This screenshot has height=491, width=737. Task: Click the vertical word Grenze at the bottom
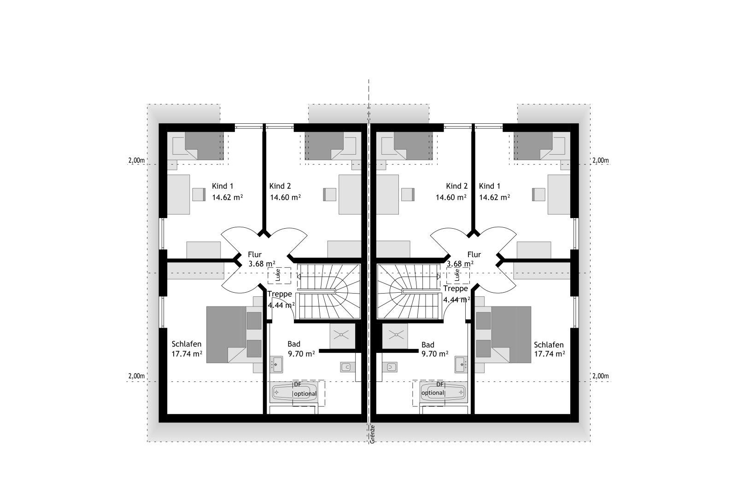[372, 434]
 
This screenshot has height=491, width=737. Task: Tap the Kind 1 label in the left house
[222, 186]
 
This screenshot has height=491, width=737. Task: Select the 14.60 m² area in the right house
[451, 197]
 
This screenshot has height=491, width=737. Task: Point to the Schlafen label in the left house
[187, 344]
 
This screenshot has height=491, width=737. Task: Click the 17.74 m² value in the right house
[550, 353]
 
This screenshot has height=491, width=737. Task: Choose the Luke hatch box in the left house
[279, 275]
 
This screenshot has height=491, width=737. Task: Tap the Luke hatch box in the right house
[458, 275]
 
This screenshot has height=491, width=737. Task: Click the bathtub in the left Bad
[293, 392]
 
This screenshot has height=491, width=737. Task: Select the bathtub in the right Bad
[443, 392]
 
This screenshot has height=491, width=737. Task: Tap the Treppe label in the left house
[280, 294]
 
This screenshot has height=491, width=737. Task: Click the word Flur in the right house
[474, 254]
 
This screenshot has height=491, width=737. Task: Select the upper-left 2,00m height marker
[136, 161]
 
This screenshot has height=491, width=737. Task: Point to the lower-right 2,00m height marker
[601, 376]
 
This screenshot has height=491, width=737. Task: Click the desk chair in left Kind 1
[199, 194]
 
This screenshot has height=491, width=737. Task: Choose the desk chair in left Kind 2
[330, 194]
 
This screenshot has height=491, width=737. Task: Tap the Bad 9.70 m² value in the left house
[301, 353]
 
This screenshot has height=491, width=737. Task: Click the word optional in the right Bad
[433, 393]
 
